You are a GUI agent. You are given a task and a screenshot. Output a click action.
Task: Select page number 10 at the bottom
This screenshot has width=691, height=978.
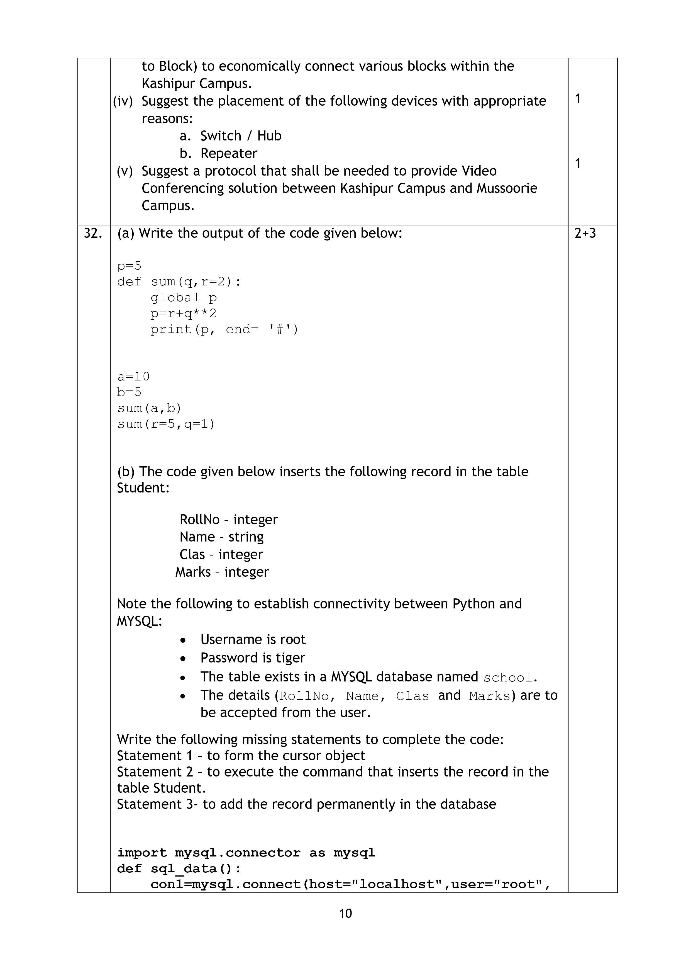(345, 913)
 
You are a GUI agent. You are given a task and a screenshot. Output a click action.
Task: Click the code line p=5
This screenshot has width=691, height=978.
(129, 266)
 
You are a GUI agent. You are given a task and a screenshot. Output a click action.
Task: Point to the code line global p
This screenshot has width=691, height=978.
(184, 298)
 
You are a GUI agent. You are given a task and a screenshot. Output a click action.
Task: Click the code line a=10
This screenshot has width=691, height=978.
(133, 377)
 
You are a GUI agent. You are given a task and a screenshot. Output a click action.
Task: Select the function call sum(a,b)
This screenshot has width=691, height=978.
(150, 408)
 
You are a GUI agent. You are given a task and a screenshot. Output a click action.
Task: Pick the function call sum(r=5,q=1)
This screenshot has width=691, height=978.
(166, 424)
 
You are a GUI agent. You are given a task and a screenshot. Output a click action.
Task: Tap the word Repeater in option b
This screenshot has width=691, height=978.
(229, 153)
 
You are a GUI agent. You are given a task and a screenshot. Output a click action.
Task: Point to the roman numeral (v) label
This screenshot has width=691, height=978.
(125, 171)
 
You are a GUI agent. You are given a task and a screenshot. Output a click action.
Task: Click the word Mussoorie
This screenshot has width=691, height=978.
(507, 188)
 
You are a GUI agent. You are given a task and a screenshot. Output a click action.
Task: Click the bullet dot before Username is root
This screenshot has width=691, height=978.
(183, 640)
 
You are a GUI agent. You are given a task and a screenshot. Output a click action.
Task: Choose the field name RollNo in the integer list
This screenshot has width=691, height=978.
(199, 520)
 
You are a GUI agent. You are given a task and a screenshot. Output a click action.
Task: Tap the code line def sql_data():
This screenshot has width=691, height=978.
(179, 868)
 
